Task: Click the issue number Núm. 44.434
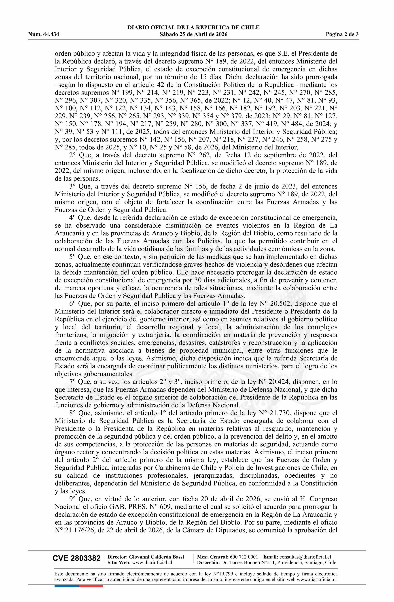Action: click(44, 34)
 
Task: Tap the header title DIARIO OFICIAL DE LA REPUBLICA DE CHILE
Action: click(193, 28)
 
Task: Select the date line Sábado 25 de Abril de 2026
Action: click(193, 34)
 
